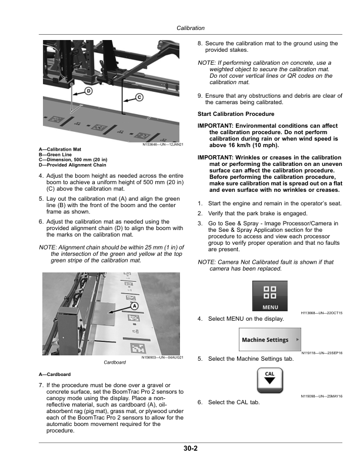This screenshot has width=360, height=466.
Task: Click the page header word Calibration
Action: pyautogui.click(x=189, y=28)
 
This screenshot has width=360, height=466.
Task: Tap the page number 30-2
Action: pyautogui.click(x=189, y=449)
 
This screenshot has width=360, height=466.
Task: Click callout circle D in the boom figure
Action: pyautogui.click(x=88, y=91)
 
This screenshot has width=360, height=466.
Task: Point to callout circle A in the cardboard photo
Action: pyautogui.click(x=134, y=306)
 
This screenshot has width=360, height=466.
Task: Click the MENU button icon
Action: pyautogui.click(x=270, y=296)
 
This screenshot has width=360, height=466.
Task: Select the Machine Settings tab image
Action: pyautogui.click(x=270, y=340)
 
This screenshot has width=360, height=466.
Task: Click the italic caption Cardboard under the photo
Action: pyautogui.click(x=115, y=362)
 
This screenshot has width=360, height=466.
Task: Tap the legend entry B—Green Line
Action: pyautogui.click(x=56, y=154)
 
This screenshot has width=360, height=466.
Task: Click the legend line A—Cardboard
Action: pyautogui.click(x=55, y=374)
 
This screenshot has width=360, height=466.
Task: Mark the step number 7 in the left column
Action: pyautogui.click(x=39, y=385)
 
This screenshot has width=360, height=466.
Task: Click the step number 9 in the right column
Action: pyautogui.click(x=200, y=96)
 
